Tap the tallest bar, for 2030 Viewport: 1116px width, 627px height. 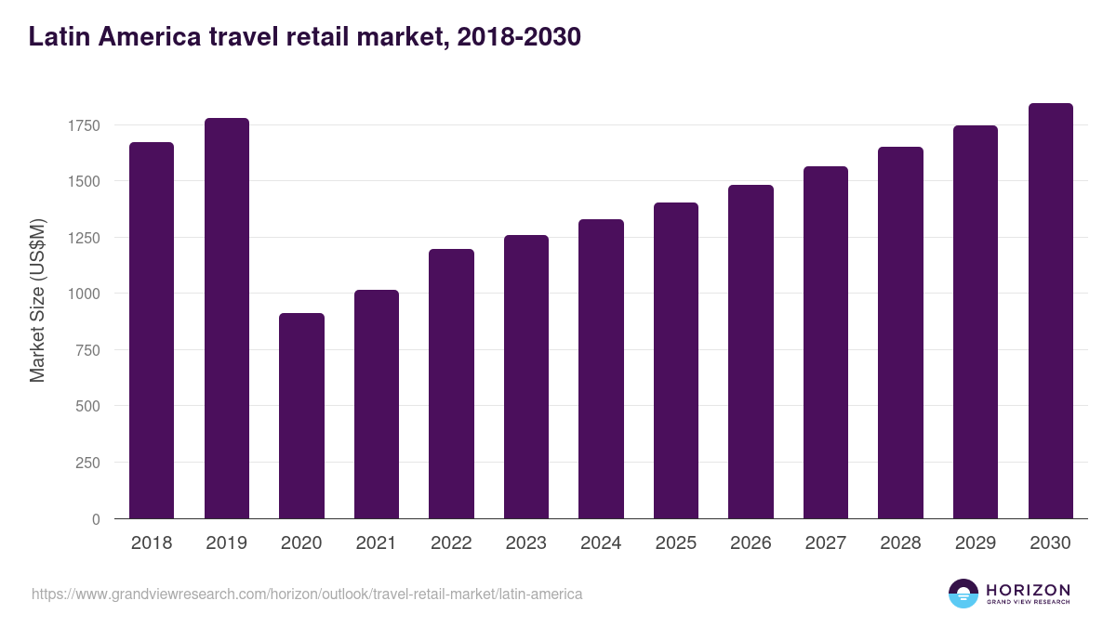pyautogui.click(x=1050, y=311)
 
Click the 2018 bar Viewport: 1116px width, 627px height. pyautogui.click(x=152, y=331)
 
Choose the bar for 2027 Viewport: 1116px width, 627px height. pyautogui.click(x=826, y=343)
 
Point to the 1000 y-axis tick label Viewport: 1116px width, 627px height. pyautogui.click(x=85, y=294)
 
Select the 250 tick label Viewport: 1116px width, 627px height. pyautogui.click(x=88, y=463)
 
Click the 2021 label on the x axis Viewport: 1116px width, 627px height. pyautogui.click(x=377, y=543)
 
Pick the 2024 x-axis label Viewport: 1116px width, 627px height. pyautogui.click(x=601, y=543)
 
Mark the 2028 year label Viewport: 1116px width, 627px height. pyautogui.click(x=900, y=543)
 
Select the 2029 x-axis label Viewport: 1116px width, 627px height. pyautogui.click(x=976, y=543)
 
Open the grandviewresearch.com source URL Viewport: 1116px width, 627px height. pyautogui.click(x=307, y=594)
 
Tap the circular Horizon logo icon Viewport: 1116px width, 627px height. pyautogui.click(x=963, y=594)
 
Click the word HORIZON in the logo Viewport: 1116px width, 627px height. pyautogui.click(x=1028, y=589)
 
